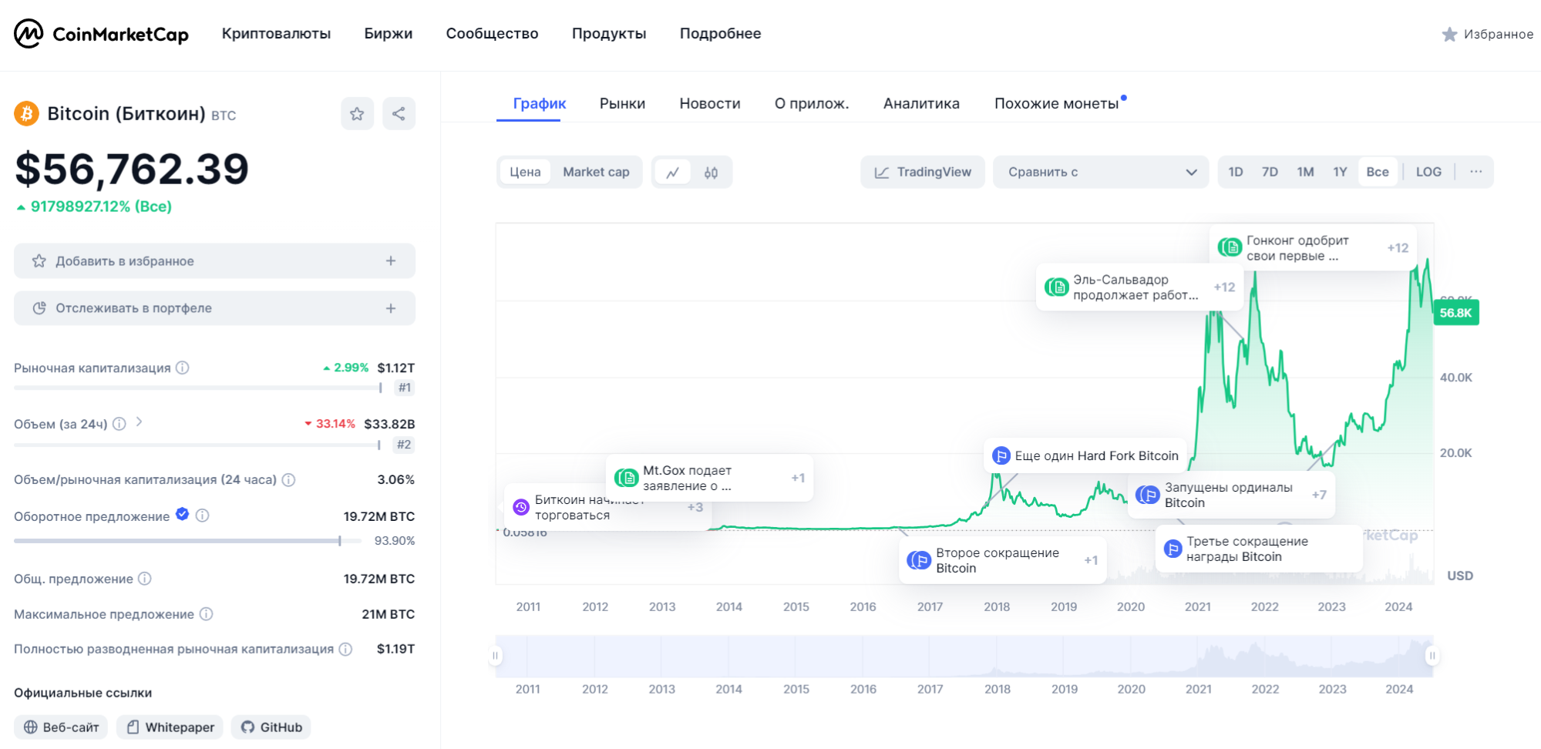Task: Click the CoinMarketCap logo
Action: pyautogui.click(x=101, y=34)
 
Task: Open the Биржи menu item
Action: pyautogui.click(x=388, y=34)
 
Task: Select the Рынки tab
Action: pyautogui.click(x=622, y=103)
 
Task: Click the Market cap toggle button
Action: pyautogui.click(x=596, y=172)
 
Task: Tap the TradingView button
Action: pyautogui.click(x=923, y=172)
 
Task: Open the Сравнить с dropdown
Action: pyautogui.click(x=1100, y=172)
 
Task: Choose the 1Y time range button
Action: pyautogui.click(x=1340, y=172)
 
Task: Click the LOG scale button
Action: pyautogui.click(x=1428, y=172)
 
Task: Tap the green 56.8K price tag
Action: pyautogui.click(x=1455, y=313)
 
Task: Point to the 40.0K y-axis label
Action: pyautogui.click(x=1455, y=378)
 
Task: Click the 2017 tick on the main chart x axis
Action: pyautogui.click(x=930, y=606)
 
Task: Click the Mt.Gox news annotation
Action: pyautogui.click(x=709, y=479)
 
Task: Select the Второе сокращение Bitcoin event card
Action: pyautogui.click(x=1002, y=561)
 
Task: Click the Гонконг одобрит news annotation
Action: pyautogui.click(x=1311, y=248)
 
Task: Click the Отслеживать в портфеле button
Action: pyautogui.click(x=214, y=308)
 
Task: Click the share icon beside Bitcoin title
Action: pyautogui.click(x=399, y=114)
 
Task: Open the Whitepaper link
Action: pyautogui.click(x=170, y=727)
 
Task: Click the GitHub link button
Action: pyautogui.click(x=271, y=727)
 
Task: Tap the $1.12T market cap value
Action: pyautogui.click(x=395, y=368)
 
